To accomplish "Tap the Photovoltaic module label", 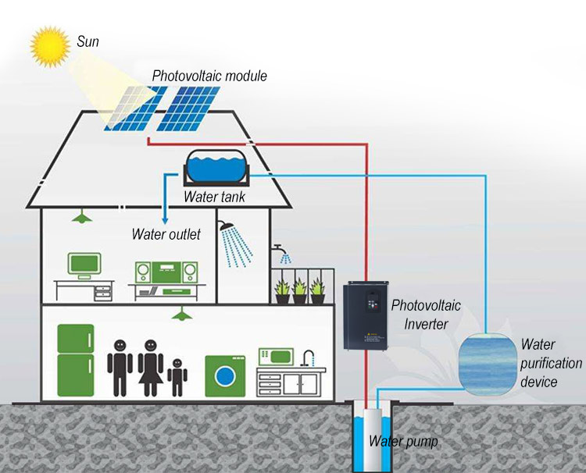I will (209, 76).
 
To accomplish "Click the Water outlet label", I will (166, 234).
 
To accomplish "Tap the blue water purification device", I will (488, 361).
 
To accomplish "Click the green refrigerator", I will (75, 360).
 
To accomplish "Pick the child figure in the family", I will (178, 376).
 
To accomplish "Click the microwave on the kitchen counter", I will (275, 356).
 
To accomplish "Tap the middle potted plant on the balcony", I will (299, 291).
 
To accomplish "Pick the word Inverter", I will (420, 323).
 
